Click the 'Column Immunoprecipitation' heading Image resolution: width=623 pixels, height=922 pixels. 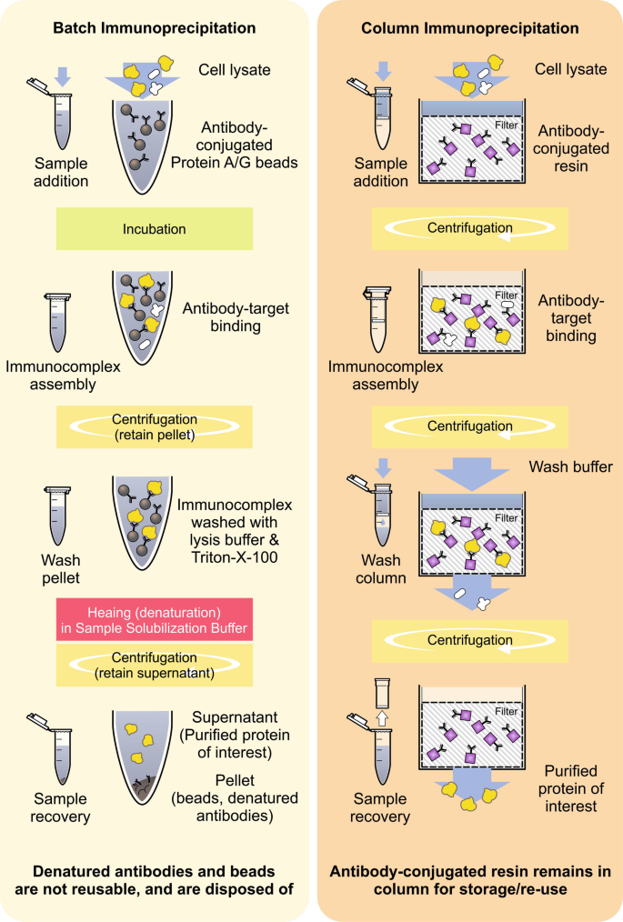(469, 28)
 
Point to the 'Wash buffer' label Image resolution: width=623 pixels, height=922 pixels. (569, 467)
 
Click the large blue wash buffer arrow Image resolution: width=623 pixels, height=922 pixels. (469, 475)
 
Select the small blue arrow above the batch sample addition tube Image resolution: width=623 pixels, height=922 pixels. (61, 76)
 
